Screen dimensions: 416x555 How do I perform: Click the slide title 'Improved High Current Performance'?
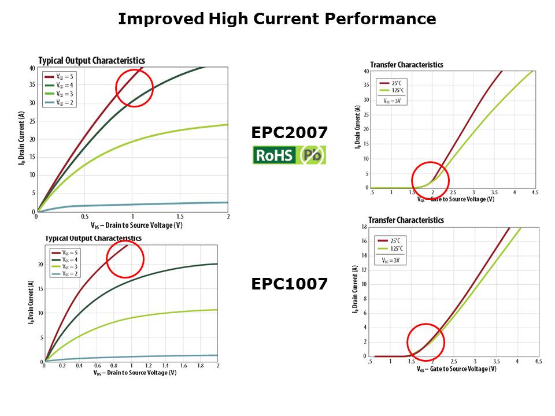point(277,20)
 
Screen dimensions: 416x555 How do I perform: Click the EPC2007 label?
point(289,133)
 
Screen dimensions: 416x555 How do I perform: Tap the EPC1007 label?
point(289,284)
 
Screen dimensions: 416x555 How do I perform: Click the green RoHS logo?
point(275,155)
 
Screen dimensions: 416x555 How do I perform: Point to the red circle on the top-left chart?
point(134,88)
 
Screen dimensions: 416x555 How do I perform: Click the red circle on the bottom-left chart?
point(125,259)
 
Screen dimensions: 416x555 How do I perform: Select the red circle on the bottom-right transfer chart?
point(425,342)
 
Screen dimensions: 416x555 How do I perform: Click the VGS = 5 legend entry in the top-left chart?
point(60,76)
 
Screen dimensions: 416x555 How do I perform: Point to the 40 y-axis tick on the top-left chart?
point(32,68)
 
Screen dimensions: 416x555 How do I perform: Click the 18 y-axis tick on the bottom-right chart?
point(364,227)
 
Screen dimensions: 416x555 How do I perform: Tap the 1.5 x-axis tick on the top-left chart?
point(180,216)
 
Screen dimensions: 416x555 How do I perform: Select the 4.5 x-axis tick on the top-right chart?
point(535,192)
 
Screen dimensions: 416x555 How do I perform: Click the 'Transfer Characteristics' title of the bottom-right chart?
point(406,220)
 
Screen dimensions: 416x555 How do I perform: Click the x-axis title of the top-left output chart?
point(132,225)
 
